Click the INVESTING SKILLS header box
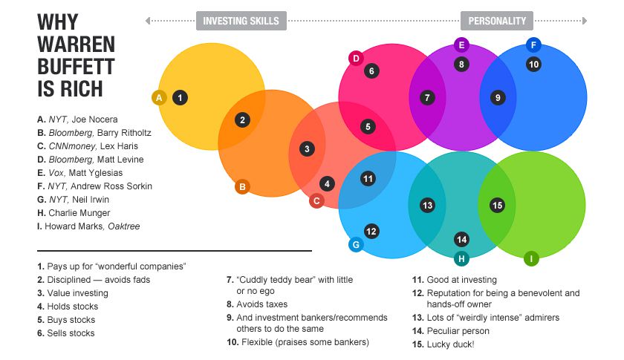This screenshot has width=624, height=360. [x=241, y=21]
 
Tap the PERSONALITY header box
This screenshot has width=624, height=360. [x=497, y=21]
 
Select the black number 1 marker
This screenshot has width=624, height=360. [x=180, y=97]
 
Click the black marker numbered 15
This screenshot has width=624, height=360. [x=497, y=206]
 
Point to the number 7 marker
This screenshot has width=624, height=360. [x=427, y=97]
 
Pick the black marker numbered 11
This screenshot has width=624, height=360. [x=368, y=179]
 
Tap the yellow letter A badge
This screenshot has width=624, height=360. [x=159, y=97]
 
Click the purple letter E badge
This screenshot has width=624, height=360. [x=461, y=45]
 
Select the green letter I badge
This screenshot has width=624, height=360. [x=531, y=258]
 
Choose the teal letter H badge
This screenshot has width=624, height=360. [x=461, y=258]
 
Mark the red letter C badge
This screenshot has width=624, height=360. [x=316, y=201]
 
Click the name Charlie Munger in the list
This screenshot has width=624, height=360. [x=79, y=213]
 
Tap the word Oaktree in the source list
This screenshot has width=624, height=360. [x=124, y=226]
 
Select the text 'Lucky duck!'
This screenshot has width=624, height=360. [x=450, y=344]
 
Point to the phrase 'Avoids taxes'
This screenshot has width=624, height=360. [x=261, y=304]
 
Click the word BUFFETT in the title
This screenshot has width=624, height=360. [x=76, y=66]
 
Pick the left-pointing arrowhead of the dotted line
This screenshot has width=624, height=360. [x=148, y=21]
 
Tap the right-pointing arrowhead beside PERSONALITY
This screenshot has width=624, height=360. [x=585, y=21]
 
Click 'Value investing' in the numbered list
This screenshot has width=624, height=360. [x=77, y=293]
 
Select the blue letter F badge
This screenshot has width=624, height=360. [x=533, y=45]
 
